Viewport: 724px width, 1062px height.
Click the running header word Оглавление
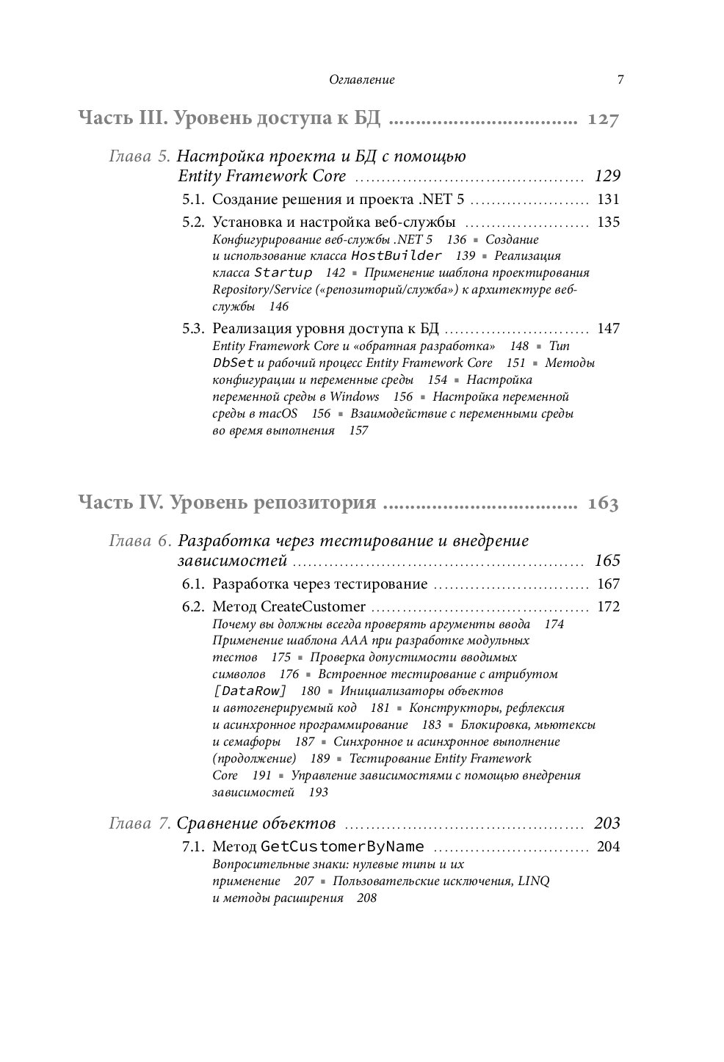362,80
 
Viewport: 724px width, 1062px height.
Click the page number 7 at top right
620,80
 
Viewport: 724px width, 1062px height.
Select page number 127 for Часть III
604,120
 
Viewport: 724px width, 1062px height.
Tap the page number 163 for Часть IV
603,503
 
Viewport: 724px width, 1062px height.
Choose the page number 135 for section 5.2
609,222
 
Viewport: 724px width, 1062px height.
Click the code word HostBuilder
397,255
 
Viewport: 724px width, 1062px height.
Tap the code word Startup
283,272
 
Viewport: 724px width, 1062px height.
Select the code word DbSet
234,363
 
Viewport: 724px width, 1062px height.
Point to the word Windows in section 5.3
355,396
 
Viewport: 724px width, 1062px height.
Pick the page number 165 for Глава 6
607,561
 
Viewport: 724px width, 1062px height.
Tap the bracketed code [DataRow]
250,691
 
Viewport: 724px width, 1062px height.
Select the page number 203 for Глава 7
607,823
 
